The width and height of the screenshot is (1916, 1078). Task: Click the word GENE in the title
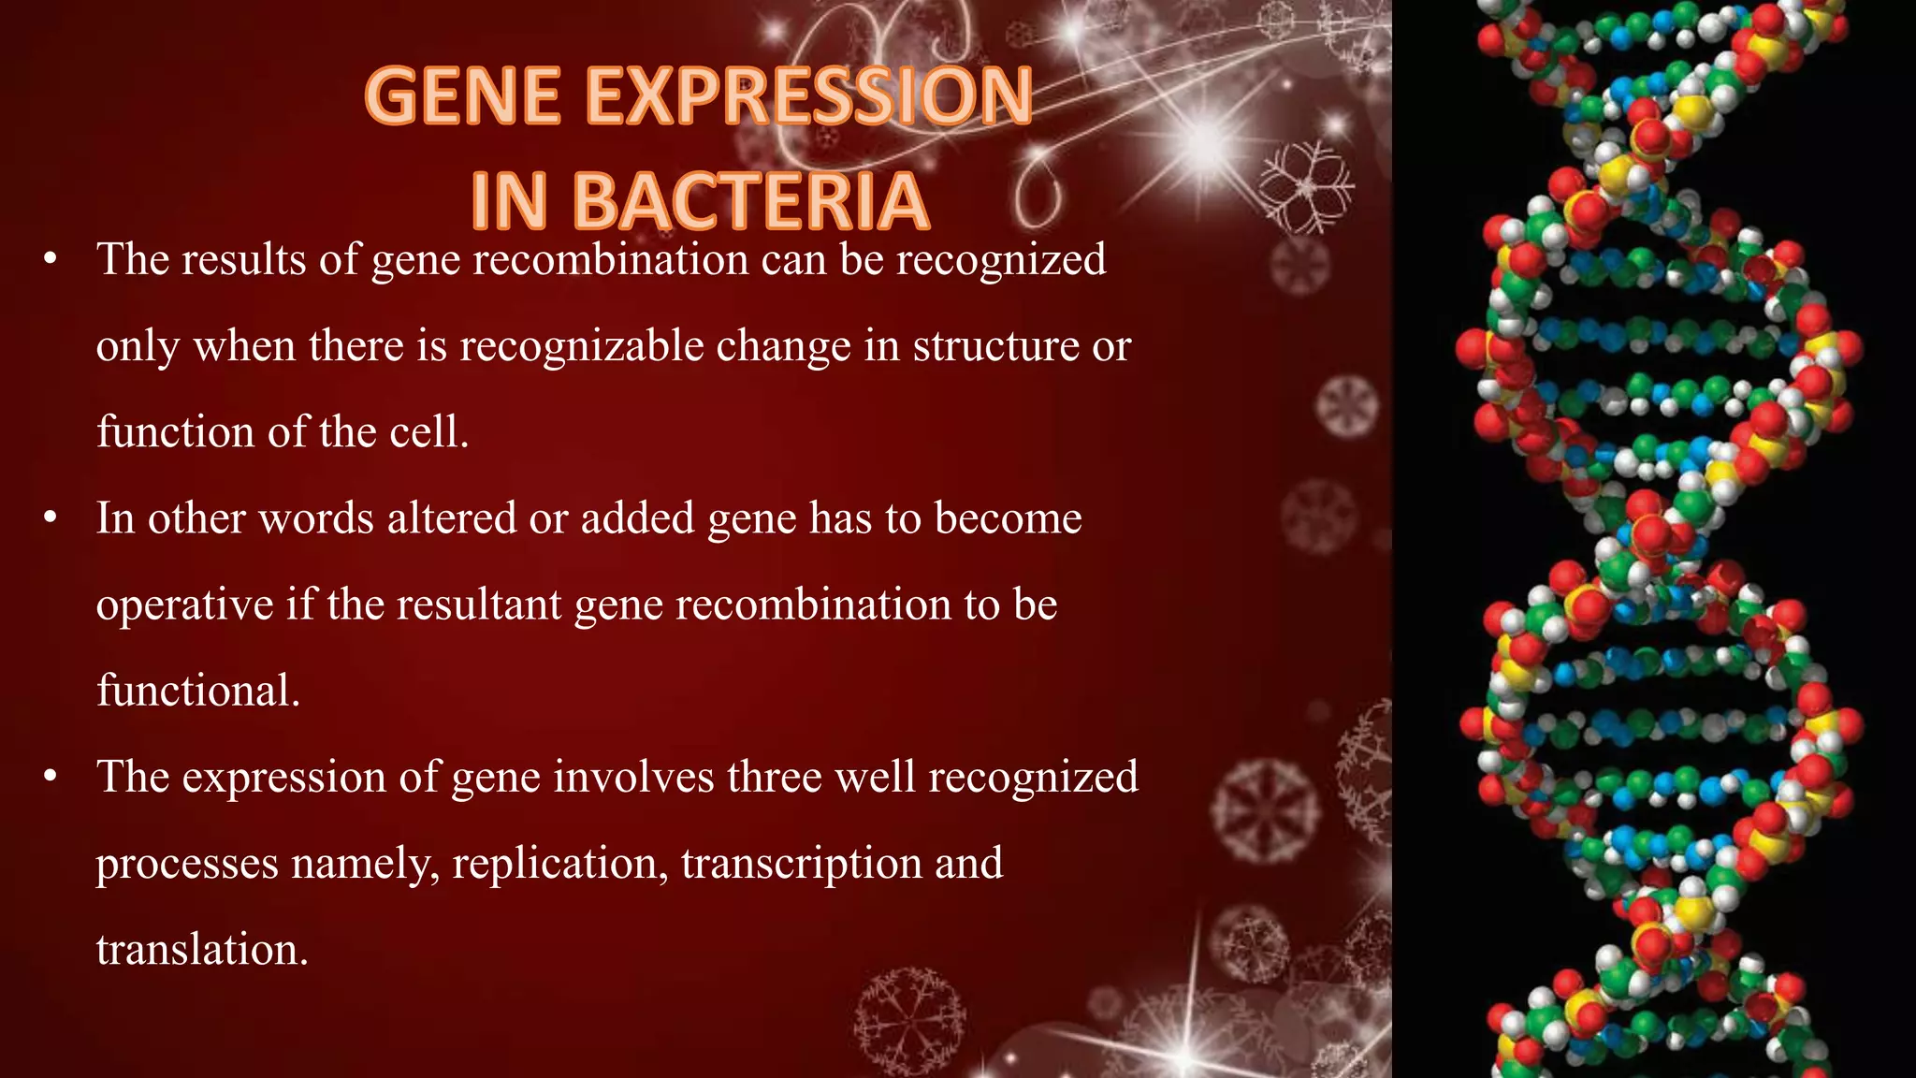(x=463, y=96)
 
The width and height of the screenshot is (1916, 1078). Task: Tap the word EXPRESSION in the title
(x=809, y=96)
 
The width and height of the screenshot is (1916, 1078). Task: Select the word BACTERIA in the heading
(x=749, y=201)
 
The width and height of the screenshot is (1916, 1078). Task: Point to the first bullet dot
(x=51, y=259)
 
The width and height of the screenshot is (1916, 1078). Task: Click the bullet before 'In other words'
(x=51, y=517)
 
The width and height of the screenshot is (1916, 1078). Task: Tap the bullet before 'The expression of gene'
(x=51, y=776)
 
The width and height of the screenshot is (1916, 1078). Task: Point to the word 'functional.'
(x=198, y=691)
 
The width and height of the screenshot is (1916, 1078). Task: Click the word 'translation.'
(x=202, y=949)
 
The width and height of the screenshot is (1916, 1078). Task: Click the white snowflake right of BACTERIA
(x=1306, y=187)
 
